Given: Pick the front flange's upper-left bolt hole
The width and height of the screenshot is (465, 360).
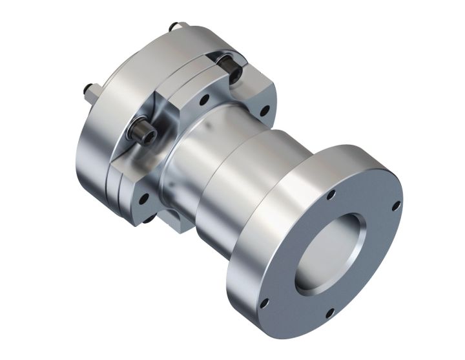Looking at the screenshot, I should tap(331, 195).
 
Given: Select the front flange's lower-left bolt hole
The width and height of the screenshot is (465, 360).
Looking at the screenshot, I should tap(264, 301).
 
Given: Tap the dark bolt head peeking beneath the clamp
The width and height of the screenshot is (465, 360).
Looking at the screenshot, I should tap(149, 220).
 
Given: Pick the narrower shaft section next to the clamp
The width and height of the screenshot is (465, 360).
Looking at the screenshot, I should tap(194, 162).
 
